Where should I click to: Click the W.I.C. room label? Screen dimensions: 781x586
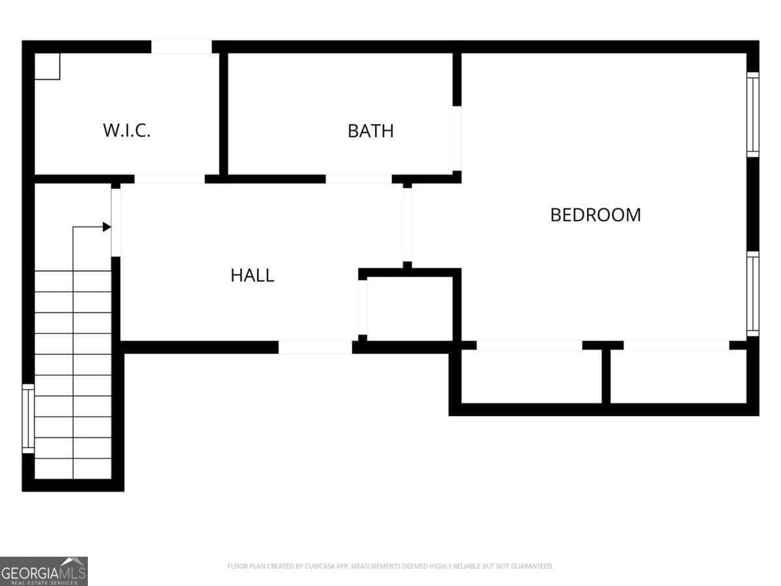(127, 130)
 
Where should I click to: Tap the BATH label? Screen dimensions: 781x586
(371, 131)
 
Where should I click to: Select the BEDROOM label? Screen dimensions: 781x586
(596, 215)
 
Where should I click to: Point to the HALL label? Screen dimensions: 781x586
(253, 275)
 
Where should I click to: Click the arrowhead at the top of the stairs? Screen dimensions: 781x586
(107, 227)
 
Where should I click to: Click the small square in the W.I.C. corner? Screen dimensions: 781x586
(47, 66)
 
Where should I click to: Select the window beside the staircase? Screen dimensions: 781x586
(28, 419)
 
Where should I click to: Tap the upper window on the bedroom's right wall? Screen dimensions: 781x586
(752, 115)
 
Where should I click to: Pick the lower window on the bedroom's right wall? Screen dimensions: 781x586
(752, 294)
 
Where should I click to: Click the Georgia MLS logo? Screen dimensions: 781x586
(44, 571)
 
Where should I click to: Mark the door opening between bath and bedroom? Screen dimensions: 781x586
(458, 139)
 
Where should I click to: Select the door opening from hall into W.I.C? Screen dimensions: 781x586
(170, 179)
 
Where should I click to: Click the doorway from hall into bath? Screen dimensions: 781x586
(359, 179)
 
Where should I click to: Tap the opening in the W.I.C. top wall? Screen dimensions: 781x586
(182, 47)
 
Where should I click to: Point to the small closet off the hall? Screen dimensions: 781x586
(409, 309)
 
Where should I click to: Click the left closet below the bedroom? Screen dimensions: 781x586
(532, 376)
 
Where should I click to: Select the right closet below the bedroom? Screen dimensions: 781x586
(678, 376)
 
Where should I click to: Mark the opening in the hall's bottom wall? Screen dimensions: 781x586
(315, 347)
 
